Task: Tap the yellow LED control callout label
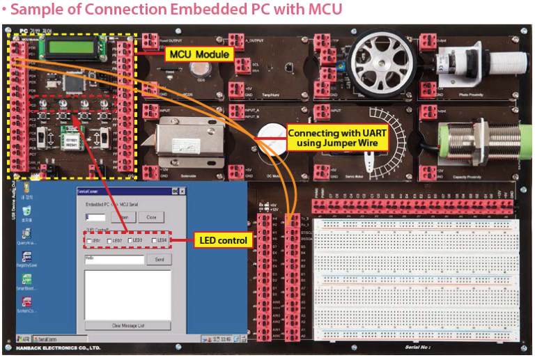tap(223, 241)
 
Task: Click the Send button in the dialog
tap(159, 260)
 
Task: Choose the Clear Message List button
tap(127, 325)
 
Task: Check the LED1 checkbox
tap(88, 241)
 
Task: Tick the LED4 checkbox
tap(155, 241)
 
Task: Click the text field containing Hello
tap(114, 260)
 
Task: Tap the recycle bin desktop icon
tap(26, 190)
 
